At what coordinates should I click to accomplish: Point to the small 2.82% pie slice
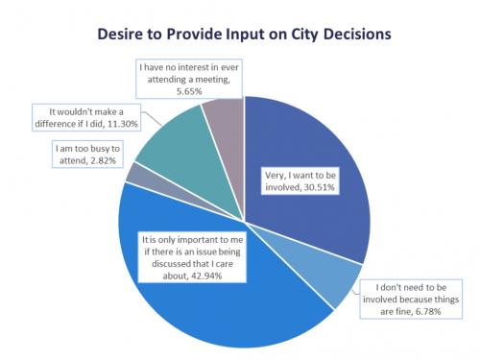tap(132, 175)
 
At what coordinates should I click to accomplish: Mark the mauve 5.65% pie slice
tap(227, 125)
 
